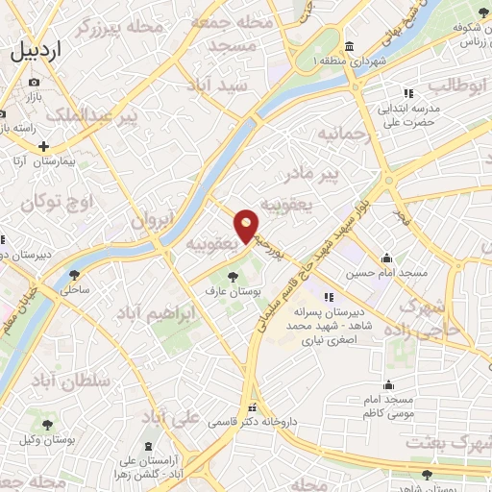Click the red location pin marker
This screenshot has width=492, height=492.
(x=247, y=225)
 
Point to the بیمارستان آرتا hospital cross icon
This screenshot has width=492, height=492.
(x=42, y=146)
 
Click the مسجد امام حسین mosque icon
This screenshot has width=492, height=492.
(x=386, y=258)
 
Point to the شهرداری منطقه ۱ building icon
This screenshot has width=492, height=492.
(x=348, y=47)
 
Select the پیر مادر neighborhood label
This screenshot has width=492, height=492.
(x=316, y=175)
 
